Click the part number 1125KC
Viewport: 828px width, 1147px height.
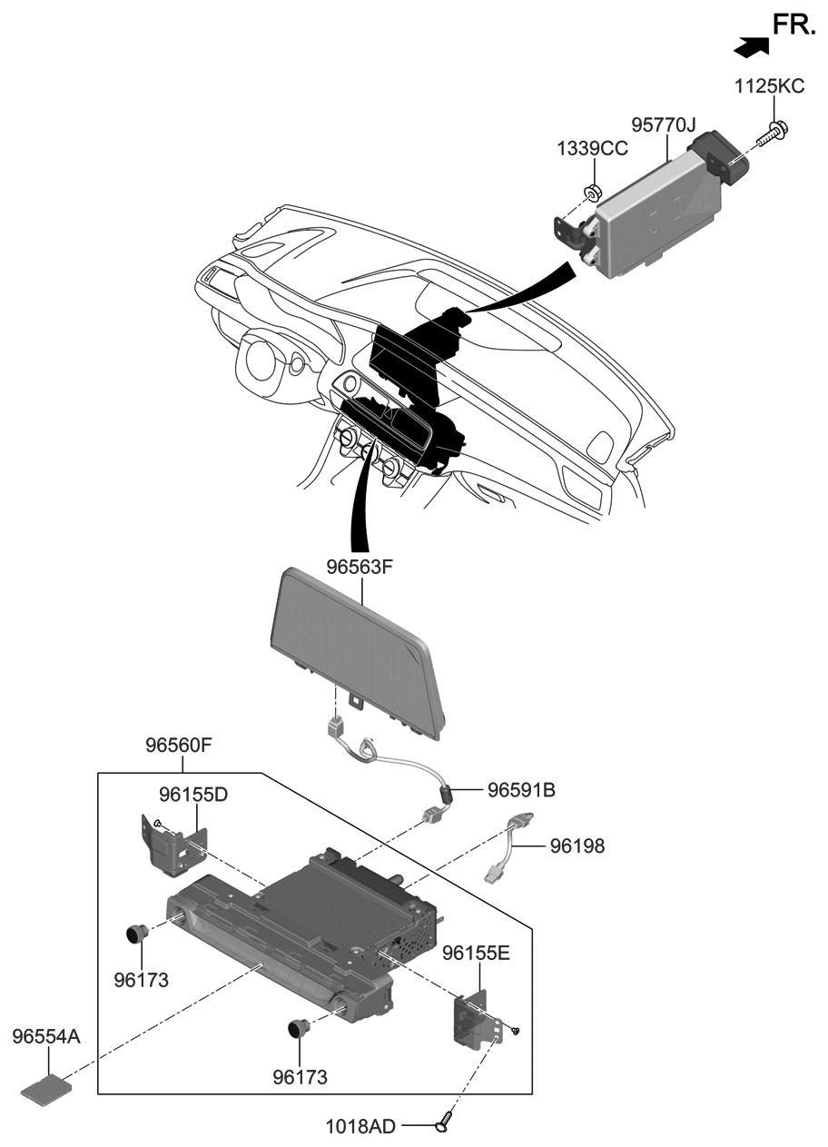pos(769,87)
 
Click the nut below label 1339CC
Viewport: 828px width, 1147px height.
pos(590,192)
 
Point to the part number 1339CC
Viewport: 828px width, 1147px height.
pos(593,149)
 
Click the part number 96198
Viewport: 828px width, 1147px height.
pos(577,845)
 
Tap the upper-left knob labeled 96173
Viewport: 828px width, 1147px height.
pos(137,933)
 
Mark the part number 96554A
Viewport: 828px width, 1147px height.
pos(46,1036)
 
